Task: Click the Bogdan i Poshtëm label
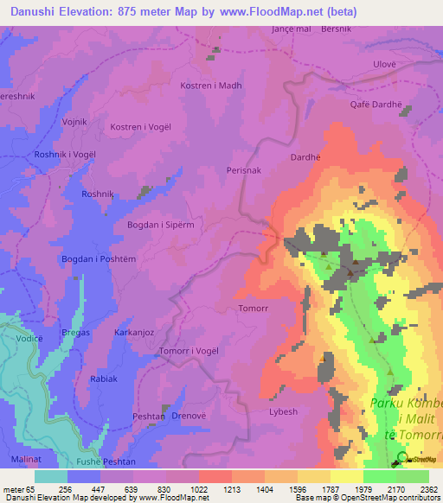point(98,259)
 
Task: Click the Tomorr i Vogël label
point(189,352)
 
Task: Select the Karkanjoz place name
point(134,332)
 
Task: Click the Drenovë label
point(189,417)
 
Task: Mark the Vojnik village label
point(75,123)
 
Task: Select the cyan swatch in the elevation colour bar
point(50,476)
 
